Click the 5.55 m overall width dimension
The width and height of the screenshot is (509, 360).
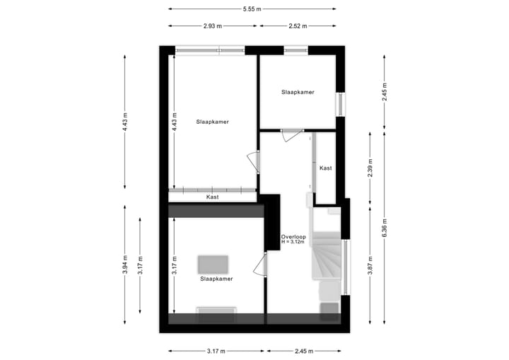(251, 9)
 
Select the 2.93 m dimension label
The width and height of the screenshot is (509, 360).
(213, 26)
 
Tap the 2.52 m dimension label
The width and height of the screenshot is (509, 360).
(298, 26)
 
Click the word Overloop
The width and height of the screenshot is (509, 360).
(293, 236)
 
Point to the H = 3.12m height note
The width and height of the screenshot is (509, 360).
(293, 242)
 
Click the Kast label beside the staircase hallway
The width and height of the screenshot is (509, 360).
(326, 168)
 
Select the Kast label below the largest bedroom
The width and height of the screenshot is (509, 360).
(212, 197)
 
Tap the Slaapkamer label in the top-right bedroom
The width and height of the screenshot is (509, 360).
(298, 92)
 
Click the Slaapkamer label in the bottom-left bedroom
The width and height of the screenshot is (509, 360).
(216, 279)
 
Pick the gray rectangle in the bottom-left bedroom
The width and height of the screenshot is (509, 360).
(213, 264)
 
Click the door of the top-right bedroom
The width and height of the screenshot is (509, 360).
(291, 135)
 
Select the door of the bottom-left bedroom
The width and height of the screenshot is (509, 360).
(261, 267)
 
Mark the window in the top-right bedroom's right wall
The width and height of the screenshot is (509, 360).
(341, 104)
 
